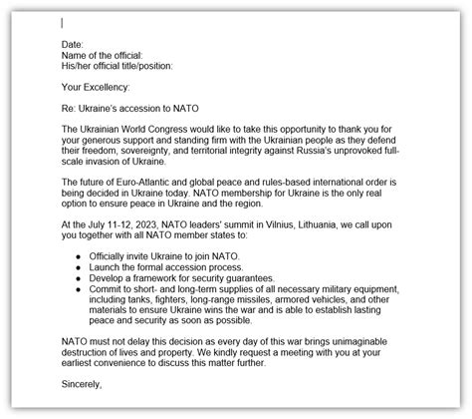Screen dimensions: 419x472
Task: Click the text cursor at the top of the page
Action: coord(62,22)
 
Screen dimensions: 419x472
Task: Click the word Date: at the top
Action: coord(73,44)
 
